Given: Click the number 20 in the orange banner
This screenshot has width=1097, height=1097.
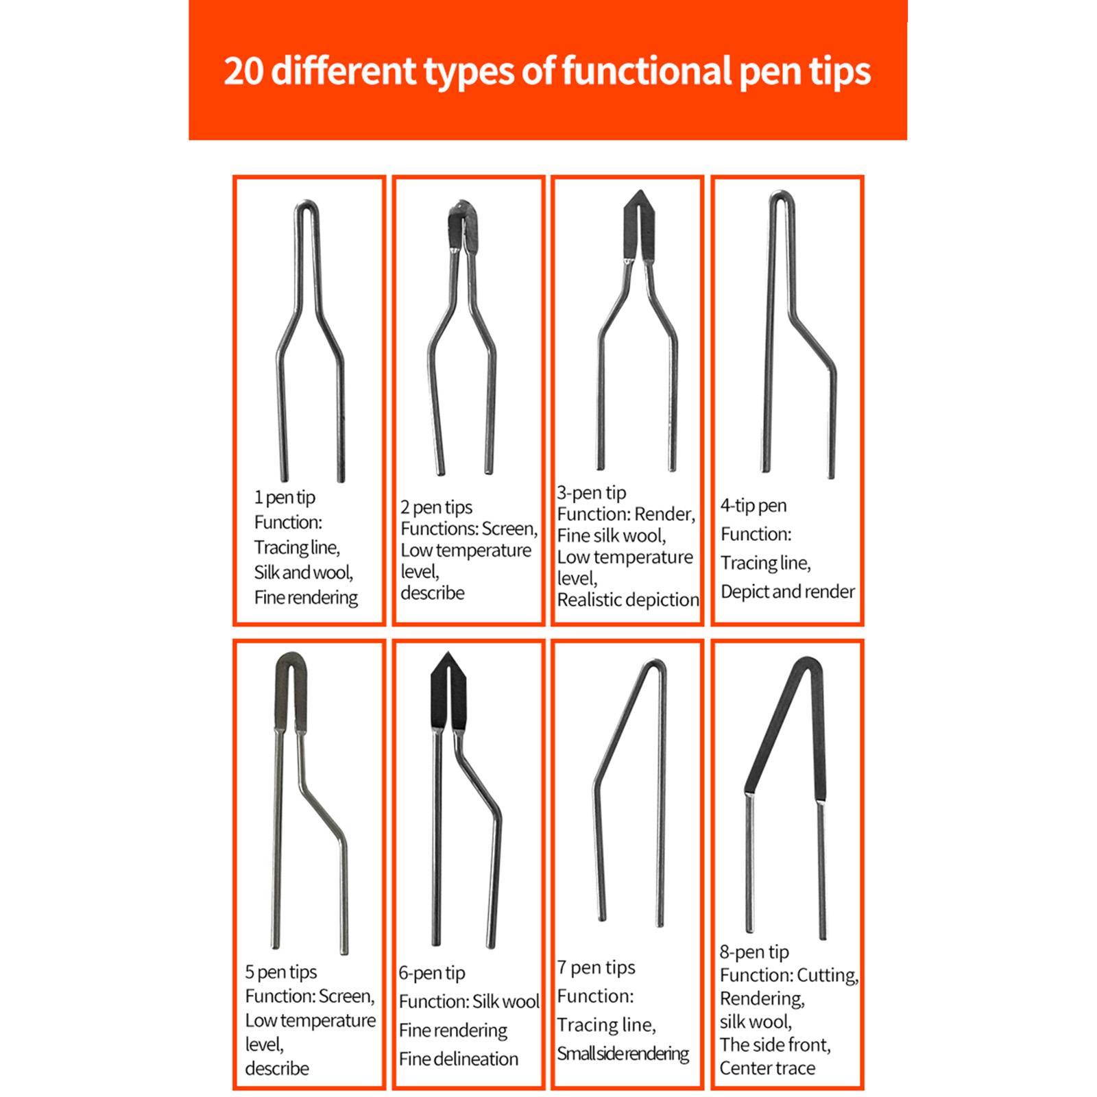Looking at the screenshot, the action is click(244, 71).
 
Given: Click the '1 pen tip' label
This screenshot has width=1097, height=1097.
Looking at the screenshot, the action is click(285, 497).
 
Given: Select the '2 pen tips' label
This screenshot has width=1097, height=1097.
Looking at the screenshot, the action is click(436, 507).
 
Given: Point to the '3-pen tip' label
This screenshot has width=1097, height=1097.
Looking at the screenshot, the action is click(591, 492).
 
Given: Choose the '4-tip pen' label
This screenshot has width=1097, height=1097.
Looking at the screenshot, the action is click(753, 506).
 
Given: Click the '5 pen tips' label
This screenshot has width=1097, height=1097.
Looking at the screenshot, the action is click(280, 972).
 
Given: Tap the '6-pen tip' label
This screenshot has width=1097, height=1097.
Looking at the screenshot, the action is click(432, 973).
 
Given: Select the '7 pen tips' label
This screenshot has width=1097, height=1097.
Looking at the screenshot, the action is click(596, 967).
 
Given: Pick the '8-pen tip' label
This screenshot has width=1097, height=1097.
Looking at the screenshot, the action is click(754, 952).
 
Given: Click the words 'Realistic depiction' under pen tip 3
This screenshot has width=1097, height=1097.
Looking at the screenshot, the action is click(628, 600).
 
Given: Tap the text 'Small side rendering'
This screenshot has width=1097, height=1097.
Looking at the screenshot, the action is click(623, 1054).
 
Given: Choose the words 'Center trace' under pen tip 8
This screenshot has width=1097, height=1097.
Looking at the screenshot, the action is click(767, 1068).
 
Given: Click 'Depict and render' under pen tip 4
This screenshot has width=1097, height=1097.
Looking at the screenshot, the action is click(787, 592).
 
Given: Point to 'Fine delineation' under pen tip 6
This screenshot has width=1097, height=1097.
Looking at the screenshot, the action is click(458, 1059).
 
